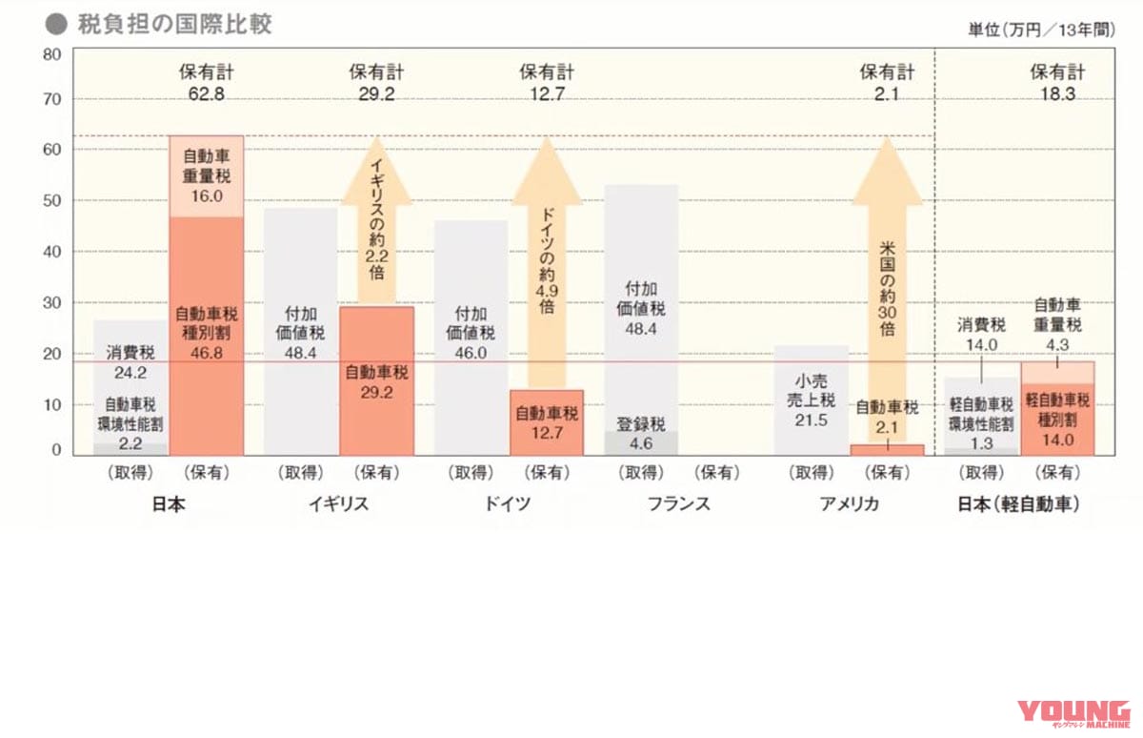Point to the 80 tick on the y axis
[x=52, y=54]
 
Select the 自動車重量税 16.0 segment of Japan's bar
[x=206, y=176]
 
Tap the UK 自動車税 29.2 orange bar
[x=376, y=380]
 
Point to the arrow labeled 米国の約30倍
[x=887, y=286]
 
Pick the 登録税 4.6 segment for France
[x=641, y=442]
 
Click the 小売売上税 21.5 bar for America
[x=811, y=400]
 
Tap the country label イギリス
[x=338, y=504]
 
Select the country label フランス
[x=678, y=504]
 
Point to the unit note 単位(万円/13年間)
[x=1054, y=30]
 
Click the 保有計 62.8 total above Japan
[x=206, y=83]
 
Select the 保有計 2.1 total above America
[x=887, y=83]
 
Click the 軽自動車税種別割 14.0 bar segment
[x=1057, y=420]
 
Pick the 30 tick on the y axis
[x=52, y=303]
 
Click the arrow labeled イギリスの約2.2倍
[x=376, y=224]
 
